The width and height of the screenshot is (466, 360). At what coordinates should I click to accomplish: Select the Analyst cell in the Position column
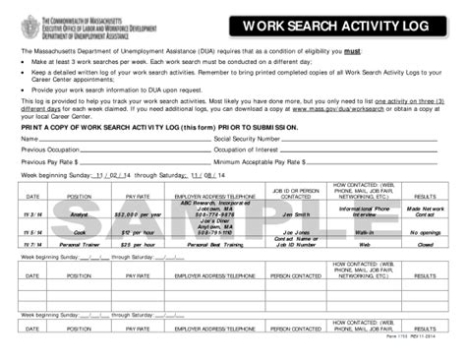click(x=79, y=213)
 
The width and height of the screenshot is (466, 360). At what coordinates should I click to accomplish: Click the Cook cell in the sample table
click(x=79, y=232)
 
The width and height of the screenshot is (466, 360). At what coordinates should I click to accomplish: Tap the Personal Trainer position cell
click(x=79, y=244)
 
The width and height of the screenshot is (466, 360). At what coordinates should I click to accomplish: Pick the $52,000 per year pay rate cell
click(x=138, y=213)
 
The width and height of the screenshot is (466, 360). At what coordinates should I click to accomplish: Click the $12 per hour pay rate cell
click(x=138, y=232)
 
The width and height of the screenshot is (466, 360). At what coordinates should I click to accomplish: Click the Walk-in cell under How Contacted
click(x=364, y=232)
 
